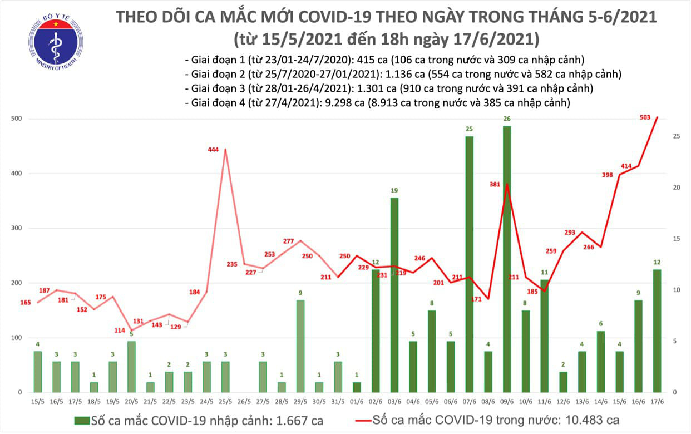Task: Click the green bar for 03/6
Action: [x=394, y=295]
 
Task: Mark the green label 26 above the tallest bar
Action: [x=507, y=119]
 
